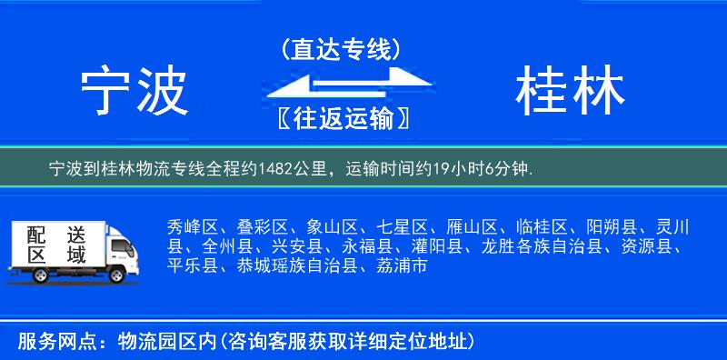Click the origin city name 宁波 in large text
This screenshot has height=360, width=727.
(x=134, y=92)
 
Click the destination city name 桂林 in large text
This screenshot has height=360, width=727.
(x=570, y=92)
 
